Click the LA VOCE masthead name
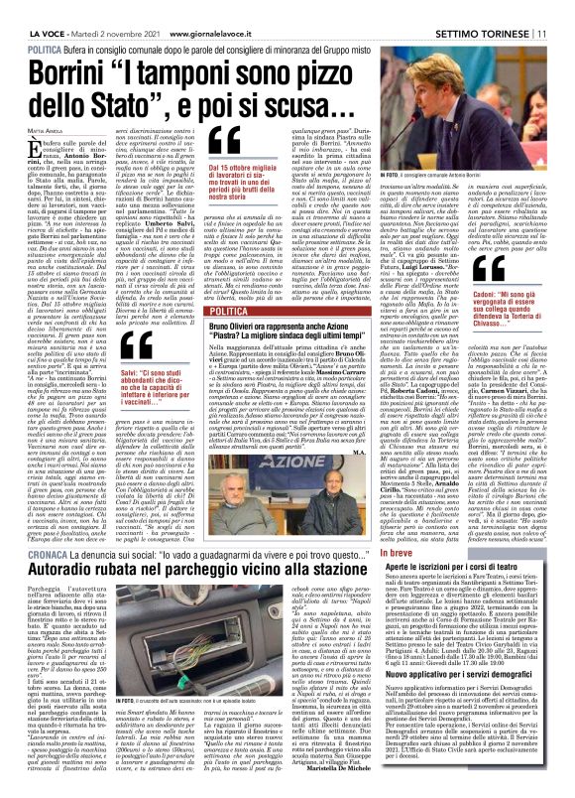[27, 10]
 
